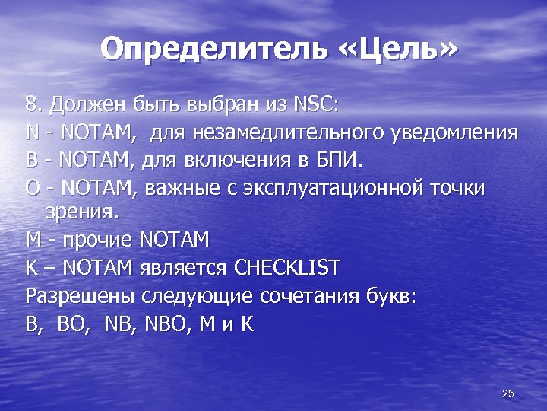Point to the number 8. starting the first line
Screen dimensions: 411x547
[x=33, y=104]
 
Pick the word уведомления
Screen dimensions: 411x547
[x=454, y=134]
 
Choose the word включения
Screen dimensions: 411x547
[x=243, y=161]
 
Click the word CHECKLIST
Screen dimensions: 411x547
[x=287, y=268]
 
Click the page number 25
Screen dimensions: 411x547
[x=508, y=393]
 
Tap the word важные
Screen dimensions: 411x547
[x=178, y=188]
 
